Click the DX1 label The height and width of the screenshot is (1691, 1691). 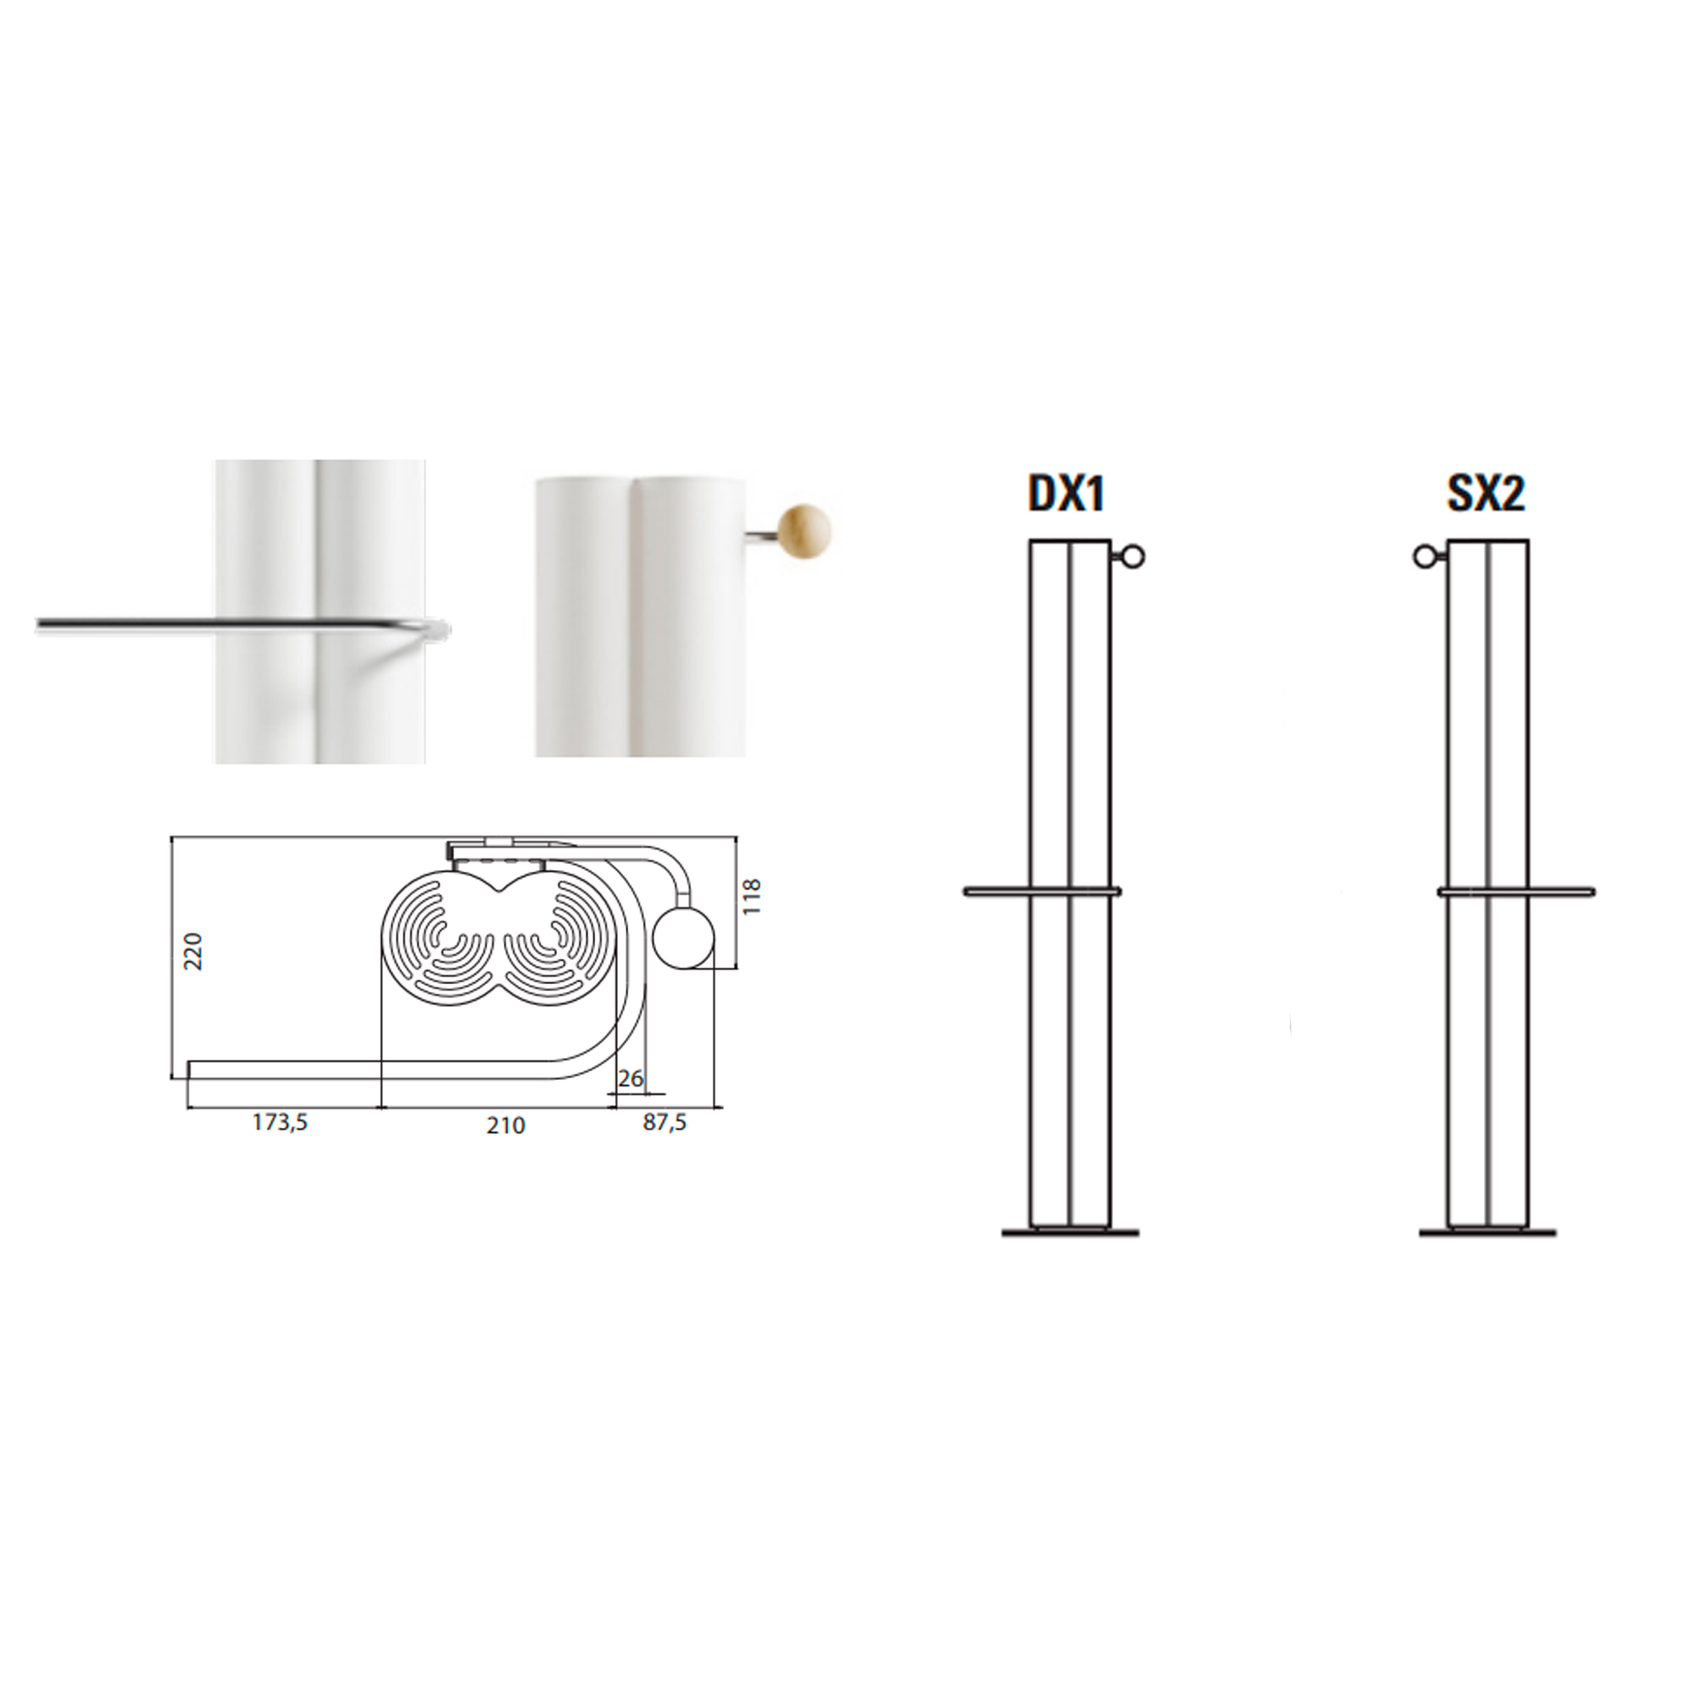tap(1066, 495)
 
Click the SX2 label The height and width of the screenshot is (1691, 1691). tap(1486, 495)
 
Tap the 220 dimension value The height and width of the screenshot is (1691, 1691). tap(194, 951)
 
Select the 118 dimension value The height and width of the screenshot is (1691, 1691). tap(752, 896)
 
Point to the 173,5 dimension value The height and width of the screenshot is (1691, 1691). tap(280, 1123)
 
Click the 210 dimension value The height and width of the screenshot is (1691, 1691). tap(506, 1125)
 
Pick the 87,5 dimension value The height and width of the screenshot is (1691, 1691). tap(665, 1123)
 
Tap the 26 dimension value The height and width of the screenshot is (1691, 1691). tap(630, 1079)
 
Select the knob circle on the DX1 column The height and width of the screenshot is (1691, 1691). tap(1135, 555)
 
